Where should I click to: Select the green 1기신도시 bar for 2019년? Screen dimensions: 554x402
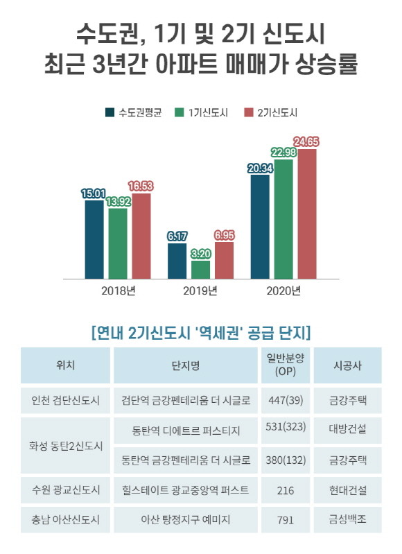coord(200,269)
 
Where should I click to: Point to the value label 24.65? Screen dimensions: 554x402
coord(306,142)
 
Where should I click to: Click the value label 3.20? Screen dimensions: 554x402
coord(200,254)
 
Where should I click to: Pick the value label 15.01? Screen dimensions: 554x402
coord(94,194)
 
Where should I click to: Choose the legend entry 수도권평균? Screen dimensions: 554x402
coord(134,112)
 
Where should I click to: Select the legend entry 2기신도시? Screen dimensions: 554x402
coord(271,112)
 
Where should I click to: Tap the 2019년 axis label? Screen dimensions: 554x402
coord(200,290)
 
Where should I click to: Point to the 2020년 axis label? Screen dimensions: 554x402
coord(283,290)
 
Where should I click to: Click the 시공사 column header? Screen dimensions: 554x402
coord(347,365)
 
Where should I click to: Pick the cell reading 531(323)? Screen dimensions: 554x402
coord(286,429)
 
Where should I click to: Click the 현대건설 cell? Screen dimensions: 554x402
coord(347,490)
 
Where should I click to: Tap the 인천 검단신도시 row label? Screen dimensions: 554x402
coord(66,400)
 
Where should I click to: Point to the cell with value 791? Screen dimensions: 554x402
coord(286,519)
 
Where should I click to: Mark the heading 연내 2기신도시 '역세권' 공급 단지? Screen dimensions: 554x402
coord(200,332)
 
